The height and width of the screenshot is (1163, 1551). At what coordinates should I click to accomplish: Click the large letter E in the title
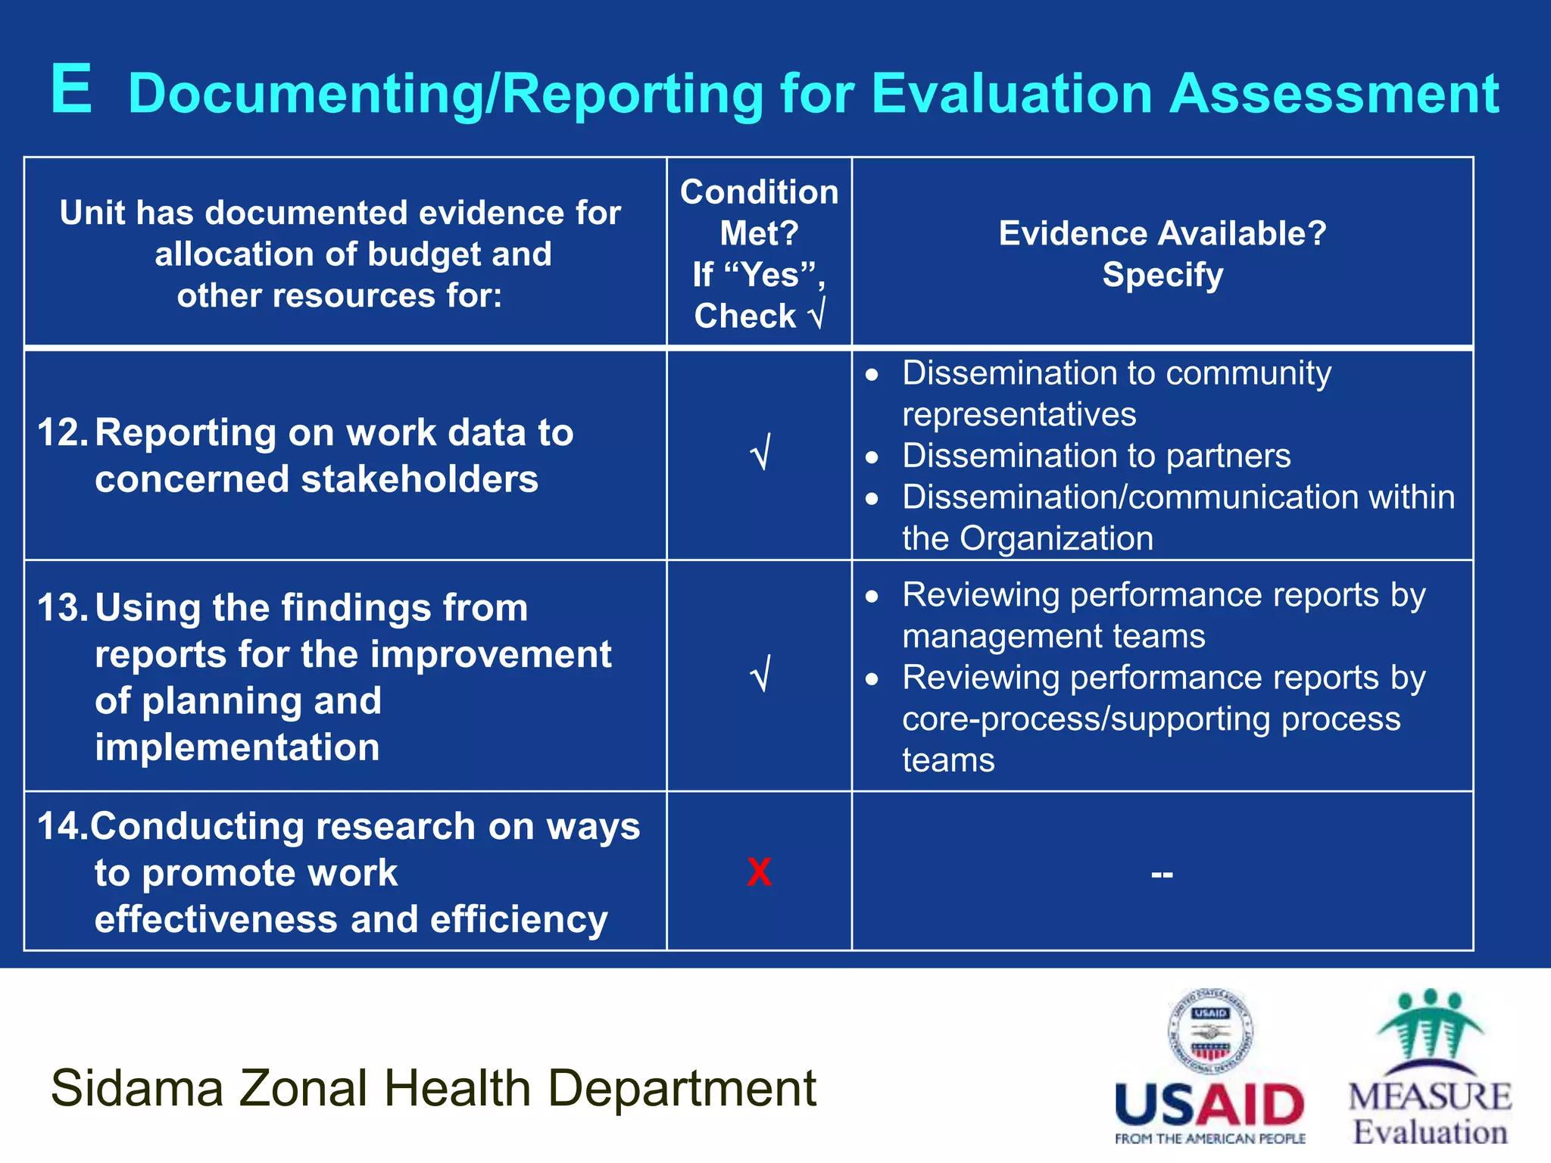coord(72,90)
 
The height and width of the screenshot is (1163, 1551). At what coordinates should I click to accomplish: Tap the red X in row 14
coord(759,872)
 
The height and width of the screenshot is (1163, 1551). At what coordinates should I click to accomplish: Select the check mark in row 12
coord(760,453)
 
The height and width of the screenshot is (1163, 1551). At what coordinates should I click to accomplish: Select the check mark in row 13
coord(760,674)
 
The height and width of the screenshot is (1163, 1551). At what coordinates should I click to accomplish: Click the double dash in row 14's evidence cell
coord(1162,875)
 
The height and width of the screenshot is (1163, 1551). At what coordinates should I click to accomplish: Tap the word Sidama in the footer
coord(137,1088)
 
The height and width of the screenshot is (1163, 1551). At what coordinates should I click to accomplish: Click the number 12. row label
coord(63,433)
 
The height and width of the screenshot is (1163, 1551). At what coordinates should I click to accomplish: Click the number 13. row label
coord(63,608)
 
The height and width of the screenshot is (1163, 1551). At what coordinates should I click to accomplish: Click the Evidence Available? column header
coord(1162,233)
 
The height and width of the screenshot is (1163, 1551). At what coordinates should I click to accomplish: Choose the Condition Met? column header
coord(759,212)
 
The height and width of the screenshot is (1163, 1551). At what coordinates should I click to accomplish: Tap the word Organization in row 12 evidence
coord(1056,539)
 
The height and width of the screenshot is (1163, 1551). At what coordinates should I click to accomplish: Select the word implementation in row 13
coord(237,748)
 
